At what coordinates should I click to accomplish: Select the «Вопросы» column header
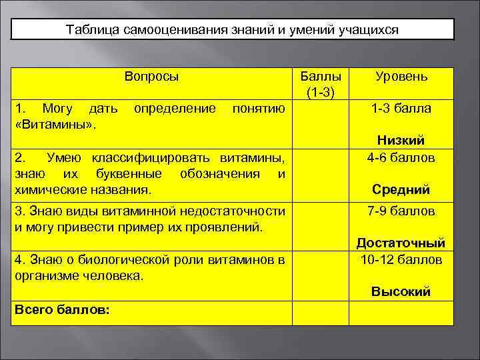coord(151,77)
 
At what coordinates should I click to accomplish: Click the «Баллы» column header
coord(321,77)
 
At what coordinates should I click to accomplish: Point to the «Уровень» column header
coord(401,77)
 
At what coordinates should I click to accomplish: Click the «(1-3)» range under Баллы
coord(321,91)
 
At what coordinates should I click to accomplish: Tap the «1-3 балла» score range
coord(401,108)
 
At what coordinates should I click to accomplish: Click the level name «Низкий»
coord(401,140)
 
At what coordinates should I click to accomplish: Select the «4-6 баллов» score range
coord(401,158)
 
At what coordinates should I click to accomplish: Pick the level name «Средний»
coord(401,190)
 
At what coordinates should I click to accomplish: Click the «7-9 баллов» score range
coord(401,211)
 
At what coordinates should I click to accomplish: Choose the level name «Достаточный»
coord(401,243)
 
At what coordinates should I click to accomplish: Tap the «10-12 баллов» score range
coord(401,259)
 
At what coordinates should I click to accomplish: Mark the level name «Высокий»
coord(401,291)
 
